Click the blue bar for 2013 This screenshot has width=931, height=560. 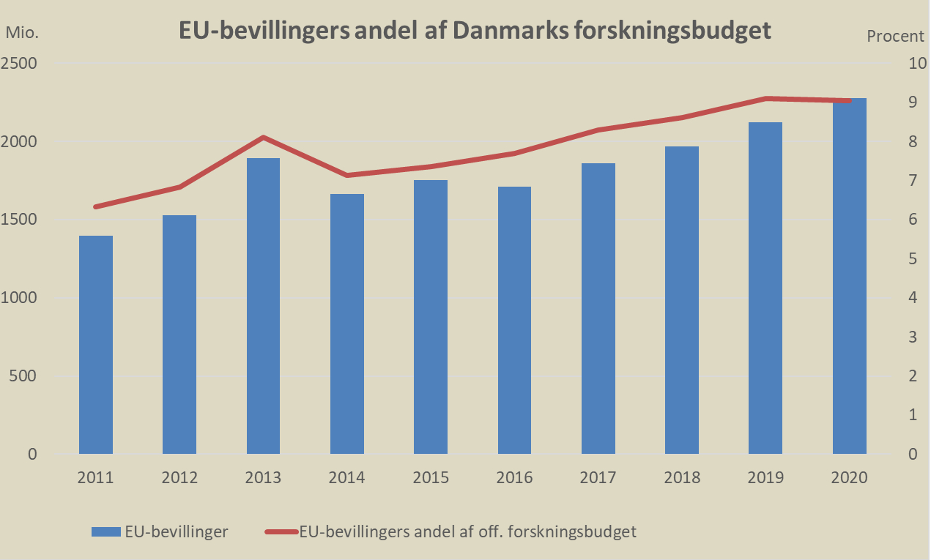point(264,306)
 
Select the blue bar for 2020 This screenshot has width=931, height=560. point(850,276)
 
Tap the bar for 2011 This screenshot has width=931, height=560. point(96,345)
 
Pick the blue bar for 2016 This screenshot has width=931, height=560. point(515,320)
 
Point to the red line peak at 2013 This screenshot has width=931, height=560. point(264,137)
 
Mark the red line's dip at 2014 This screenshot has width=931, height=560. point(347,176)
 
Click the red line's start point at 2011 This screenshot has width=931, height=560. point(96,207)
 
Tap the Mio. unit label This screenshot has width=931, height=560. point(22,33)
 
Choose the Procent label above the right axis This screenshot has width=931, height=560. point(896,36)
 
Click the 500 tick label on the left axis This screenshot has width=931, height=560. point(24,376)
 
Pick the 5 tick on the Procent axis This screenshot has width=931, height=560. point(913,259)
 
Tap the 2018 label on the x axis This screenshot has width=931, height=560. point(683,478)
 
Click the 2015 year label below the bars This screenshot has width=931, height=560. point(431,478)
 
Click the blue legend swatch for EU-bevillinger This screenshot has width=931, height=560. point(105,532)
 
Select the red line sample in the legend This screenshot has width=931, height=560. point(281,532)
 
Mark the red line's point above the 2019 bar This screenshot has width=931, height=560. point(766,98)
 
